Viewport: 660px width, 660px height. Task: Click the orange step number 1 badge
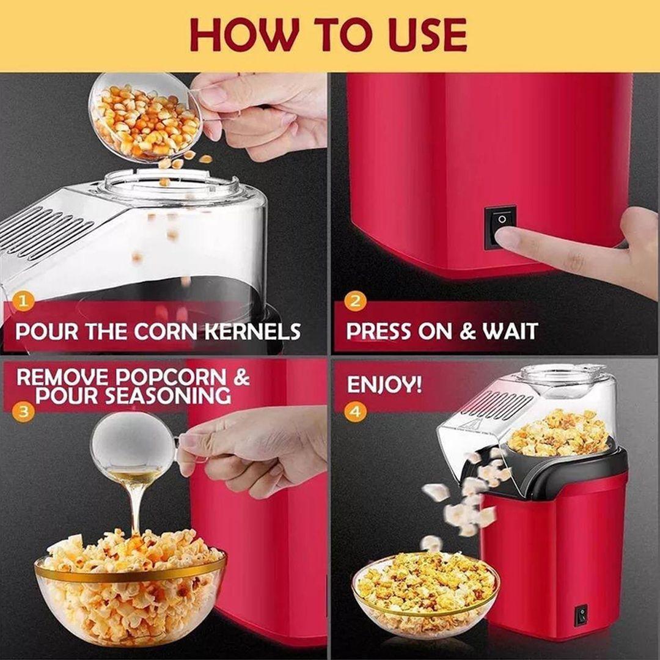click(23, 301)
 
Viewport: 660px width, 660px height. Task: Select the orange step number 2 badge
click(355, 301)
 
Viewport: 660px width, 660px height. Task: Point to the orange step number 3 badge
click(24, 411)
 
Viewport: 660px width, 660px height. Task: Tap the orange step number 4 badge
click(355, 411)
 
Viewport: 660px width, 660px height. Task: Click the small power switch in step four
click(581, 615)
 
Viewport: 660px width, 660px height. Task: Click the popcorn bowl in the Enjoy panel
click(425, 593)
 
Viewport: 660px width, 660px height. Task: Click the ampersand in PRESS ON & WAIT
click(468, 331)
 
